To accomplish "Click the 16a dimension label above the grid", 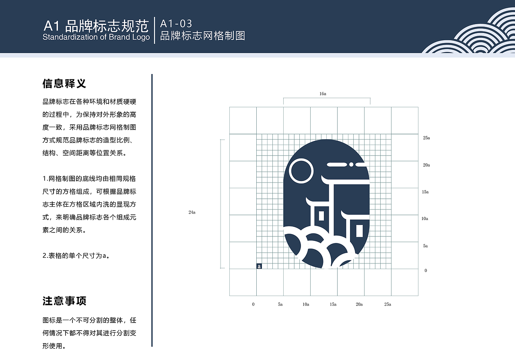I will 323,94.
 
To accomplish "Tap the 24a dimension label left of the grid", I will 192,212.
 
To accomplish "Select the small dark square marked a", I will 259,266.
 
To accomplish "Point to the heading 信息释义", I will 64,84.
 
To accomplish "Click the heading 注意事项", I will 64,301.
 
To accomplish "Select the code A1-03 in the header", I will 176,24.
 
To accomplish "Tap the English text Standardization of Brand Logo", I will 96,37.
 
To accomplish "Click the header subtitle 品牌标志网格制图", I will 202,36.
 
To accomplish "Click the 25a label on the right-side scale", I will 426,138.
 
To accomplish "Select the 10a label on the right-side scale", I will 425,219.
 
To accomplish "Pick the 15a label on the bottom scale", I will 333,304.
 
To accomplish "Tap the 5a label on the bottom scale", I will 280,304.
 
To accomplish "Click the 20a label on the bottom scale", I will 359,304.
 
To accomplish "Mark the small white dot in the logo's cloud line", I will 351,165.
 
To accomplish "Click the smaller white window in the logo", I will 321,216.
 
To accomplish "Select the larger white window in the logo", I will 360,230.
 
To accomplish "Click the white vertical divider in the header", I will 155,30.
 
